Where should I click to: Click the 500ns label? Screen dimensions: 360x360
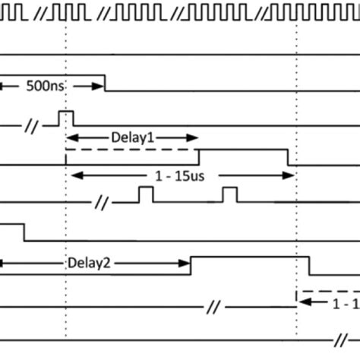[47, 87]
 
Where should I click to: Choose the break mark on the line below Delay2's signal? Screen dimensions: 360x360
[213, 308]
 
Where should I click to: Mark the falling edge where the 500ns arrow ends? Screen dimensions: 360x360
[104, 83]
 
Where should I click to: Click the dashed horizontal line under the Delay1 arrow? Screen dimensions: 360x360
[133, 150]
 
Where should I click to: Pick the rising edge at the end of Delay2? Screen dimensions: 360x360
[191, 267]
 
